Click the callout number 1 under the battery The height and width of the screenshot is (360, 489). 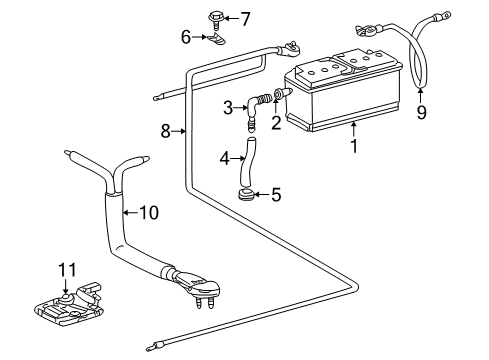(354, 146)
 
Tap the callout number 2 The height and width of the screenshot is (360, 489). (276, 123)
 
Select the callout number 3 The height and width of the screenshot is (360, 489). (228, 108)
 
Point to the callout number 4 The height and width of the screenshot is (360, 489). (225, 158)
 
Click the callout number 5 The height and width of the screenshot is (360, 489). (276, 195)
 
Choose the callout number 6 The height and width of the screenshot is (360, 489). (186, 37)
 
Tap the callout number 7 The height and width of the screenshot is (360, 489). (245, 19)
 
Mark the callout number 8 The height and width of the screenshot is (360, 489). (166, 131)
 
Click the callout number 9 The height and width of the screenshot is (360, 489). (421, 113)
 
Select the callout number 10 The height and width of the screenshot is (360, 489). (149, 212)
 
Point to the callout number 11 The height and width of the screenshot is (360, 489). (68, 270)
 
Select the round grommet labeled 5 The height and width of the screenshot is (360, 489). (247, 194)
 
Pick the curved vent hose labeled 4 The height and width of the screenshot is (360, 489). (247, 163)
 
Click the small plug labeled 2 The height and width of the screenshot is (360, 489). (283, 93)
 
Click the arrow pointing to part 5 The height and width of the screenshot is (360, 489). (262, 194)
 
